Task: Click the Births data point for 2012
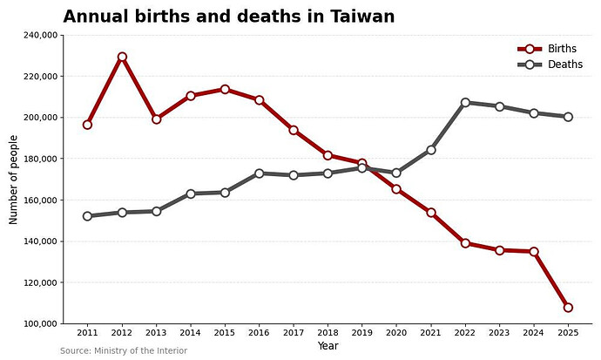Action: click(x=122, y=57)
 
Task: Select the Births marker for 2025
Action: click(x=568, y=308)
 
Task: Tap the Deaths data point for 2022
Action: click(x=465, y=102)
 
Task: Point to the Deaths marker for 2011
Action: click(x=87, y=216)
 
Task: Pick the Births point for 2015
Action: click(x=225, y=89)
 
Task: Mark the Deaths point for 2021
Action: click(x=431, y=150)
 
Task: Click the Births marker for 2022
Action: click(x=465, y=243)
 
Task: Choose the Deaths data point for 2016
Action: click(x=259, y=173)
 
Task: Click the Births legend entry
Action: click(x=547, y=49)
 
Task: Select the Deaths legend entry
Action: click(x=550, y=65)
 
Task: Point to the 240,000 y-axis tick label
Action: click(x=41, y=35)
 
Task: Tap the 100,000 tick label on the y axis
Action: click(x=41, y=324)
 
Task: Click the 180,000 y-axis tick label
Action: click(x=41, y=159)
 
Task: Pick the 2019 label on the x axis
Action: click(x=361, y=333)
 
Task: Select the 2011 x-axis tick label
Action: click(x=87, y=333)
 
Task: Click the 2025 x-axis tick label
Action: click(x=568, y=333)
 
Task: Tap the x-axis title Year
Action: click(x=328, y=346)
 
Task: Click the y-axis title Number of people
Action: click(x=13, y=180)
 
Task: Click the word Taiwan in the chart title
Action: click(x=362, y=17)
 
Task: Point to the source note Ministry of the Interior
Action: click(x=140, y=350)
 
